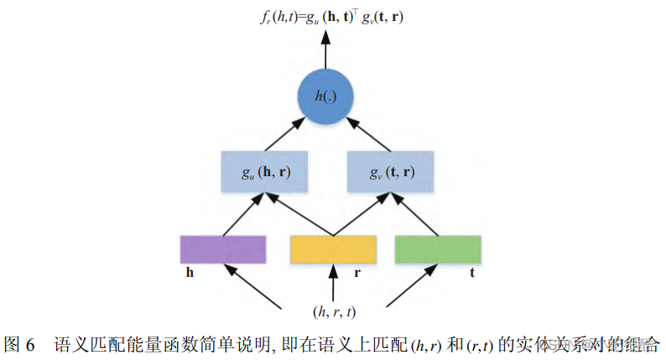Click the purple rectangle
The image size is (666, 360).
223,249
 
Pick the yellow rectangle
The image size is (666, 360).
333,249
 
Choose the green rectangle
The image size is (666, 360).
438,249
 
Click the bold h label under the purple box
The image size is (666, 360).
190,274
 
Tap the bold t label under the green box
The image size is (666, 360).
473,274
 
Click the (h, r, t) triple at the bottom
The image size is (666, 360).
334,312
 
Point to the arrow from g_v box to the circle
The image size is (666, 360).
370,136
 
